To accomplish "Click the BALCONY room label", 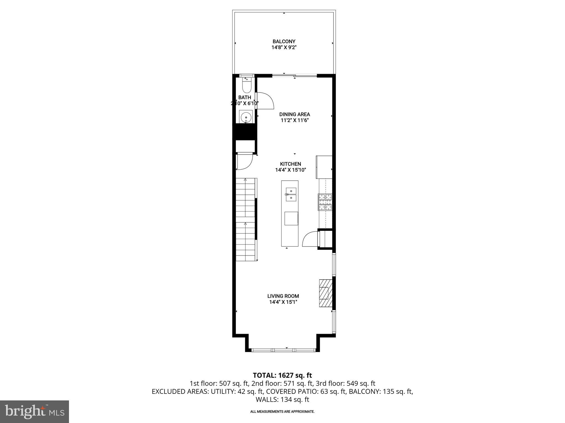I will coord(284,42).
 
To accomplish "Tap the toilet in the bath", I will coord(246,86).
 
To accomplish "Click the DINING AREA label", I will coord(294,114).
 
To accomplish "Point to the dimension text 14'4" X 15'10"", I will coord(291,170).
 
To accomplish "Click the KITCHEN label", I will coord(291,164).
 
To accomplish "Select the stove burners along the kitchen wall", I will coord(325,202).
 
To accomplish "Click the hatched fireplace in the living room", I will coord(326,293).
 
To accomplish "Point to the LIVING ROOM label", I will coord(283,296).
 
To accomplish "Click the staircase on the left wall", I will coord(245,219).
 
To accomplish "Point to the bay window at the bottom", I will coord(283,350).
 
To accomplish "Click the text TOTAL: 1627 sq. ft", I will coord(282,375).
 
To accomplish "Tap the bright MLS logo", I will coord(34,412).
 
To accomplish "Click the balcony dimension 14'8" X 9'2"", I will coord(284,47).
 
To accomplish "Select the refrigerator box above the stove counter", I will coord(324,167).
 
